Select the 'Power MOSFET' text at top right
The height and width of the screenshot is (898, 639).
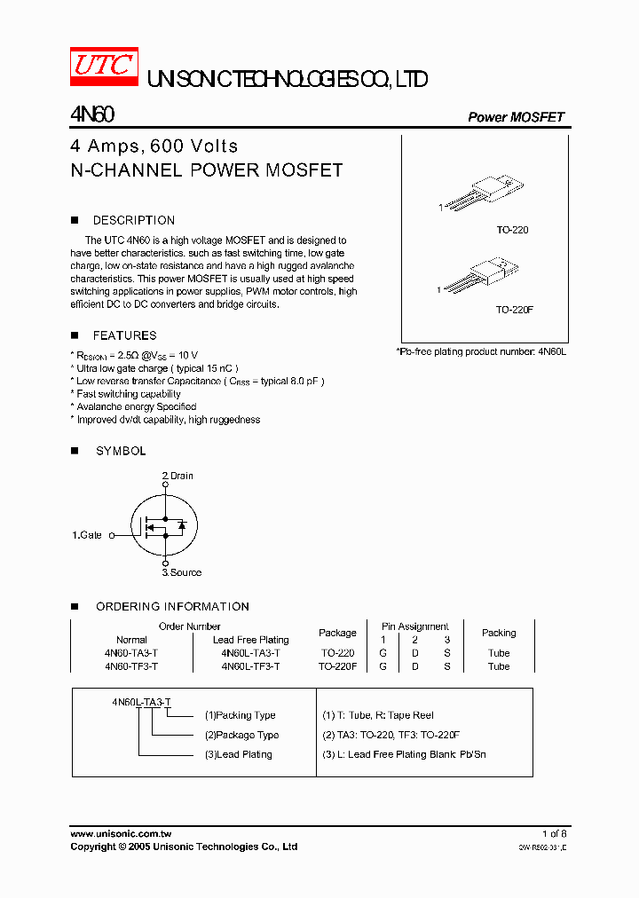pyautogui.click(x=516, y=117)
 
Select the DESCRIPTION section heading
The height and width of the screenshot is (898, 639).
pyautogui.click(x=133, y=220)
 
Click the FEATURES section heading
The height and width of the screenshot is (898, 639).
pyautogui.click(x=124, y=335)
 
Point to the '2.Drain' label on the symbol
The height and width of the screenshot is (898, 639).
pyautogui.click(x=177, y=476)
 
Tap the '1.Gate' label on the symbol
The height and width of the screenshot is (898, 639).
pyautogui.click(x=87, y=535)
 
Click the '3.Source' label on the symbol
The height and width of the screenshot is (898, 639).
pyautogui.click(x=182, y=572)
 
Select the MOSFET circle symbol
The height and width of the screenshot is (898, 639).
pyautogui.click(x=165, y=525)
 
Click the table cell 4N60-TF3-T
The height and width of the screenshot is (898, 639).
pyautogui.click(x=131, y=666)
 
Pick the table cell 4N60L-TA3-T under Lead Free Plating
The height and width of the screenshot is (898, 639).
pyautogui.click(x=250, y=653)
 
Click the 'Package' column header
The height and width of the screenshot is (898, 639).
pyautogui.click(x=337, y=633)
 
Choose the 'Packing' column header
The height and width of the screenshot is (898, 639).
pyautogui.click(x=499, y=633)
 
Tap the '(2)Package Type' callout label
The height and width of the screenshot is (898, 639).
pyautogui.click(x=241, y=735)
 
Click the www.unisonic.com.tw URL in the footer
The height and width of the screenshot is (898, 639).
pyautogui.click(x=121, y=834)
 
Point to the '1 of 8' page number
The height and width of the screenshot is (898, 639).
pyautogui.click(x=554, y=834)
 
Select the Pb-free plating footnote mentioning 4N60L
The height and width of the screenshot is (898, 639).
pyautogui.click(x=480, y=352)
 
